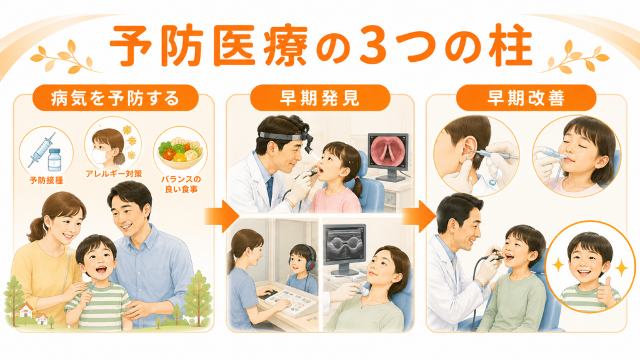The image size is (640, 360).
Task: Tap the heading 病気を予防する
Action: point(115,98)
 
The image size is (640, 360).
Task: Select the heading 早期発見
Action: point(319,98)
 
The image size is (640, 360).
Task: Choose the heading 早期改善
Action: point(526,98)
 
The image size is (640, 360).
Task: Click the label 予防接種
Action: point(46,180)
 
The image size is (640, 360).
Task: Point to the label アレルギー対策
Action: point(114,174)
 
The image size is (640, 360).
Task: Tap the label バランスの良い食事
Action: point(181,184)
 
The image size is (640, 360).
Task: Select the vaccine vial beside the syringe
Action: point(54,159)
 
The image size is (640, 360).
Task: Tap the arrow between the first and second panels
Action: point(221,216)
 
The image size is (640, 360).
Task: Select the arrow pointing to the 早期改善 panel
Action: point(419,216)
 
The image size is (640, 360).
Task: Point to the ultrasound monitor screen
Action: point(344,244)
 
